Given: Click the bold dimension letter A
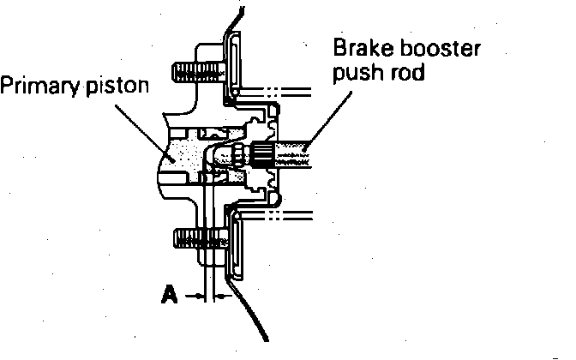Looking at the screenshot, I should click(170, 296).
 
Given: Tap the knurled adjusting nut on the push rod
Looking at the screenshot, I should click(261, 154).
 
